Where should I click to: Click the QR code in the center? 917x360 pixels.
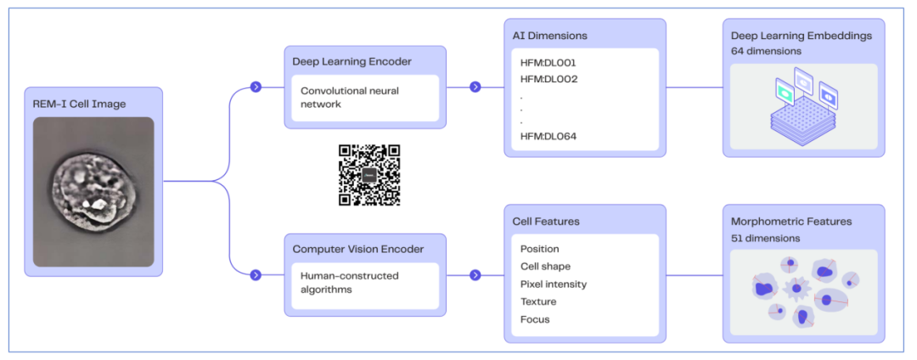(x=368, y=176)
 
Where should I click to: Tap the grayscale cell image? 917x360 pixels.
(x=93, y=191)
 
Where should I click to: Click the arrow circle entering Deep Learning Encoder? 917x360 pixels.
(x=256, y=87)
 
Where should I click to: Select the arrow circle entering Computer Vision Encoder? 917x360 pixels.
(x=256, y=274)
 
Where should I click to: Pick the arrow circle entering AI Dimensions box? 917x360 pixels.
(x=475, y=87)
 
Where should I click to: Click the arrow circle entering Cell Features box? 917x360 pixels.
(x=475, y=274)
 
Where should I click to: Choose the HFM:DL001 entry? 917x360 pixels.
(x=549, y=63)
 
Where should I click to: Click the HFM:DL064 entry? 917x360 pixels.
(x=549, y=137)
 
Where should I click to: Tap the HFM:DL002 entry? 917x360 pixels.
(x=549, y=79)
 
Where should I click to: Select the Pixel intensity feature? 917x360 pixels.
(x=553, y=284)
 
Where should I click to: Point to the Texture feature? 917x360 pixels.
(x=538, y=301)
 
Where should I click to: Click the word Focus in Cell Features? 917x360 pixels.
(x=535, y=319)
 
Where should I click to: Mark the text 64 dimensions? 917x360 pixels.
(x=766, y=52)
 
